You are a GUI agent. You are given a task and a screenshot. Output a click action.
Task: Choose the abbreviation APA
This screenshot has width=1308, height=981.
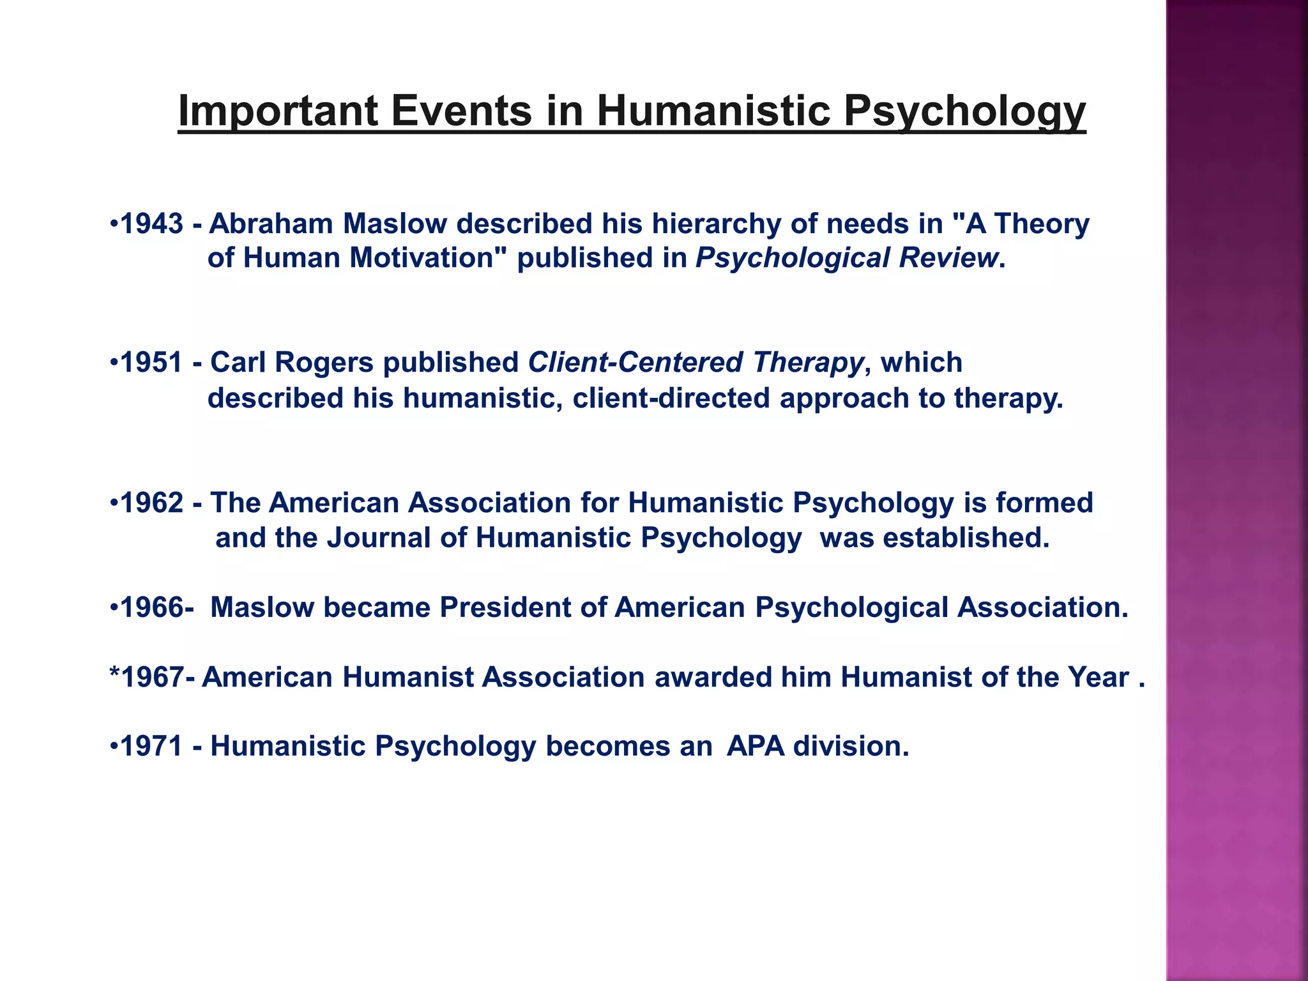pyautogui.click(x=756, y=747)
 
